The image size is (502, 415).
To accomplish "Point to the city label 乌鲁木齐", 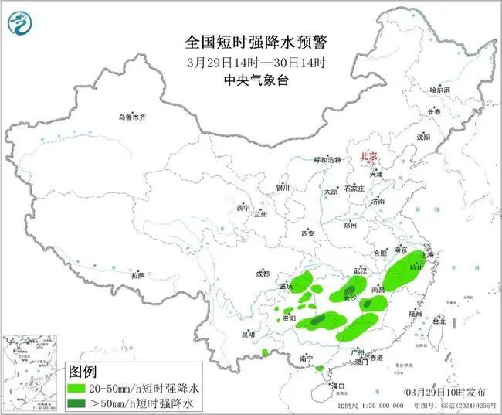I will (131, 117).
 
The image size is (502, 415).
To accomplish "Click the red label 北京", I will (369, 157).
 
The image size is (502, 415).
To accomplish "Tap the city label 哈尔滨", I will (439, 90).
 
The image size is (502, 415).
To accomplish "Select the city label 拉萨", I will (137, 275).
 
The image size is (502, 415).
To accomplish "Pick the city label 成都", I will (263, 274).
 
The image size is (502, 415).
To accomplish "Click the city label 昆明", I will (247, 334).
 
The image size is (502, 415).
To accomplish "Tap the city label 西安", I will (308, 233).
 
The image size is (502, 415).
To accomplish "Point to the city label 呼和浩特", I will (327, 159).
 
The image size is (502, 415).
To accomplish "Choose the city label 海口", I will (337, 384).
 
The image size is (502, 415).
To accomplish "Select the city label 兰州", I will (259, 214).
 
